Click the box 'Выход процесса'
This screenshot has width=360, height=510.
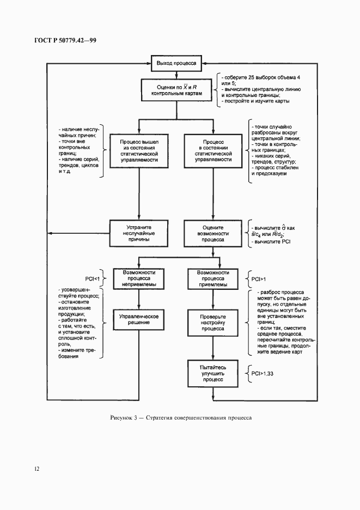177,63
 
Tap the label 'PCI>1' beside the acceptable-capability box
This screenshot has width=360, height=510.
259,278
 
